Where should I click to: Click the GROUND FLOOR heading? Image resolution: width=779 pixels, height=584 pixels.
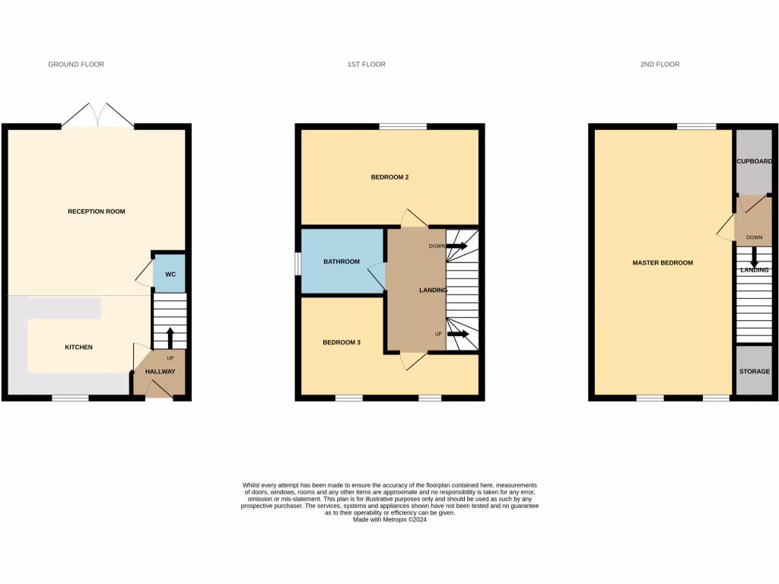pos(76,65)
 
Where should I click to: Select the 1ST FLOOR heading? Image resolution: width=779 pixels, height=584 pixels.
pos(366,65)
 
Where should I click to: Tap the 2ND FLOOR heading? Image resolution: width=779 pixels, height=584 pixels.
pos(660,65)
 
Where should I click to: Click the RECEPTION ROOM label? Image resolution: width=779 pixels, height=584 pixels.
pos(96,211)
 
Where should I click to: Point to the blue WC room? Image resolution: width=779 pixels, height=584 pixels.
pos(170,274)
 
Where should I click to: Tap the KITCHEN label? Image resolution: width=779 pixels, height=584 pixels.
pos(78,348)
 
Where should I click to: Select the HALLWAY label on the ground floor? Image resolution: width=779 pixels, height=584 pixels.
pos(161,372)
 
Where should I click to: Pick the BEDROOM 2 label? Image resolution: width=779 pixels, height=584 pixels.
pos(389,177)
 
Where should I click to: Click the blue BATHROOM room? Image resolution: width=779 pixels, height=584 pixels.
pos(342,261)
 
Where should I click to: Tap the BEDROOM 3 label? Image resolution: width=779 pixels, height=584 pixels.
pos(342,343)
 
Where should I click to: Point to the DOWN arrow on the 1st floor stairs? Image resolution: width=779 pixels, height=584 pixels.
pos(456,246)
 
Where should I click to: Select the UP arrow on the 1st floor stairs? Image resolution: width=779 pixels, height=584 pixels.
pos(457,334)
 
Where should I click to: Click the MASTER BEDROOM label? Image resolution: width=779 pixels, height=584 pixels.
pos(663,263)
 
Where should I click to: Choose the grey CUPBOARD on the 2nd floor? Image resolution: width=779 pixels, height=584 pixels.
pos(754,161)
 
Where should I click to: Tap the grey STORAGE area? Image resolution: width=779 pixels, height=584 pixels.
pos(754,371)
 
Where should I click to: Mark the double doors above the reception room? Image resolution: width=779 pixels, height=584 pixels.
pos(97,116)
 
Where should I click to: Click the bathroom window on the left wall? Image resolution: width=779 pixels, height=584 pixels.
pos(298,261)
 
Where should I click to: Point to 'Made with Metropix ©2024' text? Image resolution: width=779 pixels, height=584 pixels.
pos(389,520)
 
